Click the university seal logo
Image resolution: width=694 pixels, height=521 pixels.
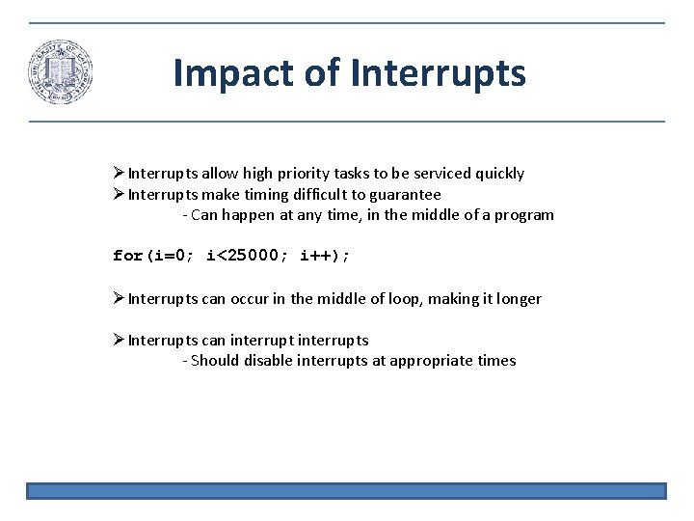[x=60, y=72]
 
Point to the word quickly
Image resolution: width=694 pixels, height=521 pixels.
[x=495, y=174]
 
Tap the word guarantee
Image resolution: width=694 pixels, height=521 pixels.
[x=403, y=194]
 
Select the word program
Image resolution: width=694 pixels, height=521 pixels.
[x=523, y=215]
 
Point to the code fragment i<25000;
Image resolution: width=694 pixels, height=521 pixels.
[x=245, y=256]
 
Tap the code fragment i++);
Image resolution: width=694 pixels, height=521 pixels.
[x=326, y=256]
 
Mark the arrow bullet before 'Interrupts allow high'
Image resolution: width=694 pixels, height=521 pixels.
[x=119, y=174]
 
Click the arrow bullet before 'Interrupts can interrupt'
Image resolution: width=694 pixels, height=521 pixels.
[x=119, y=340]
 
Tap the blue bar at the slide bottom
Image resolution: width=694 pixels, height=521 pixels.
[x=346, y=491]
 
